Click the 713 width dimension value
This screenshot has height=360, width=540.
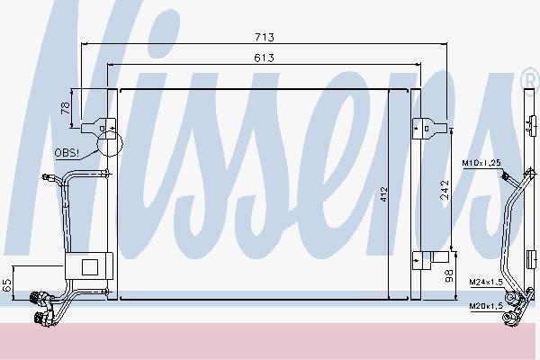[x=265, y=37]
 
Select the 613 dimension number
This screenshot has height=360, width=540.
[x=264, y=58]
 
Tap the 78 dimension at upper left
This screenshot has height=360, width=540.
[x=66, y=108]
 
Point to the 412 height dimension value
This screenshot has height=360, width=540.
[x=384, y=194]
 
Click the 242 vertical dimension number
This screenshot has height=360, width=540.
[x=445, y=190]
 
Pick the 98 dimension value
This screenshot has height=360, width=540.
[x=449, y=276]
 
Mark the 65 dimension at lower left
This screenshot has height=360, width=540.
[x=7, y=285]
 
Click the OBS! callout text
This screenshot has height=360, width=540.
[x=67, y=153]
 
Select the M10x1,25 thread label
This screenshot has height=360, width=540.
[x=481, y=163]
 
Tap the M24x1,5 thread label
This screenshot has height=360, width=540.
[x=486, y=282]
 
